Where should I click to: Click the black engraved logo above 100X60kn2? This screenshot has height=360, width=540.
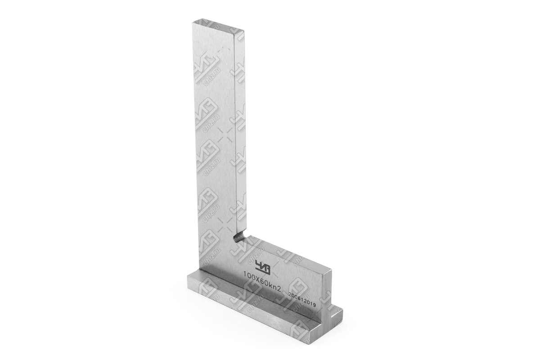262,266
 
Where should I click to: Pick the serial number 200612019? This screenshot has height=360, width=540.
303,301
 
